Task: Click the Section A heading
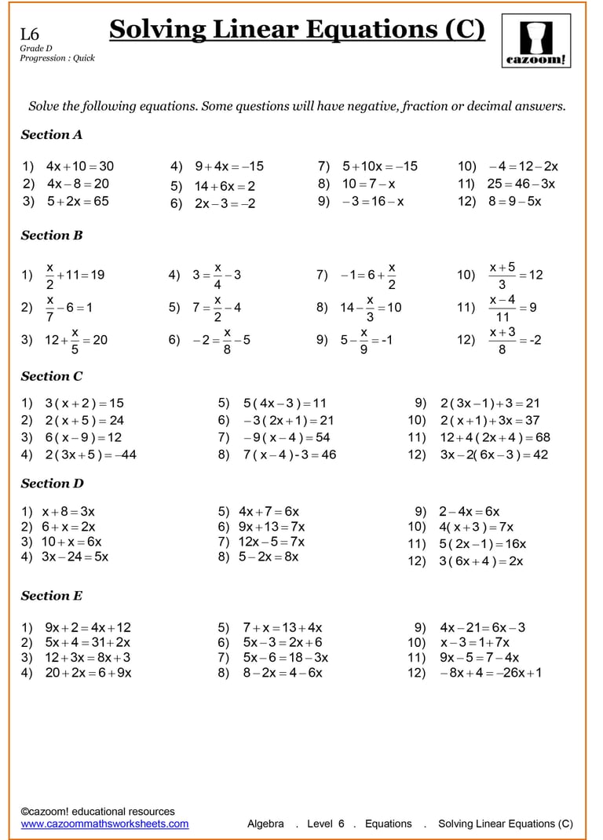pyautogui.click(x=52, y=134)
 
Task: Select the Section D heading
pyautogui.click(x=52, y=484)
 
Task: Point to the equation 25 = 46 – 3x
pyautogui.click(x=521, y=184)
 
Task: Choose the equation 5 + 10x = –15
pyautogui.click(x=379, y=166)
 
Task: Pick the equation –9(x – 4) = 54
pyautogui.click(x=287, y=437)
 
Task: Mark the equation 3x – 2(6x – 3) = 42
pyautogui.click(x=494, y=455)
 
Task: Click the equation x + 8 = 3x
pyautogui.click(x=68, y=511)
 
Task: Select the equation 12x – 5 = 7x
pyautogui.click(x=272, y=542)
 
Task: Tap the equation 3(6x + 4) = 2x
pyautogui.click(x=481, y=561)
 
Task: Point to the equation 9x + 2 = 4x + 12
pyautogui.click(x=88, y=627)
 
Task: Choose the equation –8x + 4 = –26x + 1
pyautogui.click(x=491, y=673)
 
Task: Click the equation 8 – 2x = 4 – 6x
pyautogui.click(x=282, y=673)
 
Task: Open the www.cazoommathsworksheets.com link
pyautogui.click(x=104, y=824)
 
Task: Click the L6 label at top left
pyautogui.click(x=30, y=34)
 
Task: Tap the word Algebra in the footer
pyautogui.click(x=265, y=824)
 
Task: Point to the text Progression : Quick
pyautogui.click(x=57, y=58)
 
